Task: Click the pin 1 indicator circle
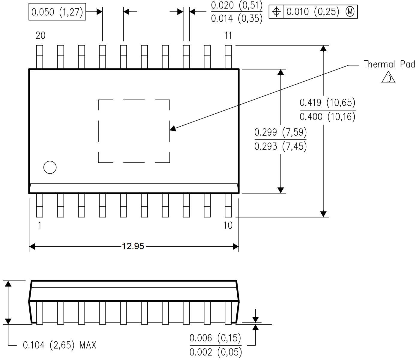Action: pyautogui.click(x=50, y=167)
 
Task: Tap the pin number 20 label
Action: pyautogui.click(x=40, y=36)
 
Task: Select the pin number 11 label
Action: pyautogui.click(x=228, y=36)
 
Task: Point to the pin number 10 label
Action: pyautogui.click(x=228, y=225)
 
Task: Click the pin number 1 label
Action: pyautogui.click(x=40, y=225)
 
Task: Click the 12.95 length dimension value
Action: pyautogui.click(x=133, y=247)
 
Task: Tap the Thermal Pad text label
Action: pyautogui.click(x=389, y=64)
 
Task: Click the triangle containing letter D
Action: pyautogui.click(x=388, y=78)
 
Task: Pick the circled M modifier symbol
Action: pyautogui.click(x=350, y=12)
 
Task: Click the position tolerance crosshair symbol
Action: pyautogui.click(x=276, y=12)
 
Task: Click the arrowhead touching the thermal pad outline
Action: pyautogui.click(x=173, y=129)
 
